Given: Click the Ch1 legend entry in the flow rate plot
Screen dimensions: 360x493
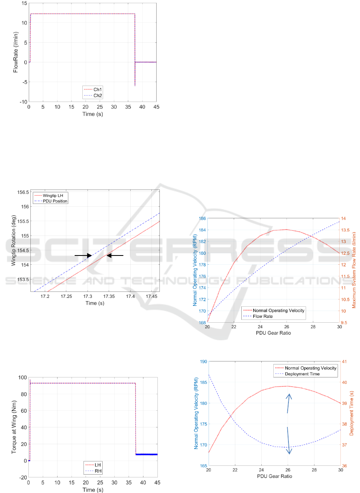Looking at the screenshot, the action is (x=93, y=89).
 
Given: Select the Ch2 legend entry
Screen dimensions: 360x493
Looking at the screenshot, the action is (x=93, y=96).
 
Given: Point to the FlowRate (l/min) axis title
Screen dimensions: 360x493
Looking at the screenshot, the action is (x=16, y=52).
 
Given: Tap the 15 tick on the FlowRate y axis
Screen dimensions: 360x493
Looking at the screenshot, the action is (x=24, y=3).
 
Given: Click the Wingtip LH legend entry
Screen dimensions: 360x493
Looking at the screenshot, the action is (x=49, y=196).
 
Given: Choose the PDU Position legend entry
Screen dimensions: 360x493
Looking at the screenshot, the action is (x=51, y=201).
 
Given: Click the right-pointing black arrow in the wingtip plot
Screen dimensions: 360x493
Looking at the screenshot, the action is (x=83, y=255).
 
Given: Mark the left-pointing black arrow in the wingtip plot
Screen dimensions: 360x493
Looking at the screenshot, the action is (x=115, y=255).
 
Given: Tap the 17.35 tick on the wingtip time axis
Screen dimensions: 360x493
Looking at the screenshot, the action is (x=109, y=296).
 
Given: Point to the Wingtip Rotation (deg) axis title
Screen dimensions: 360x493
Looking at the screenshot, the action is (x=14, y=241).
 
